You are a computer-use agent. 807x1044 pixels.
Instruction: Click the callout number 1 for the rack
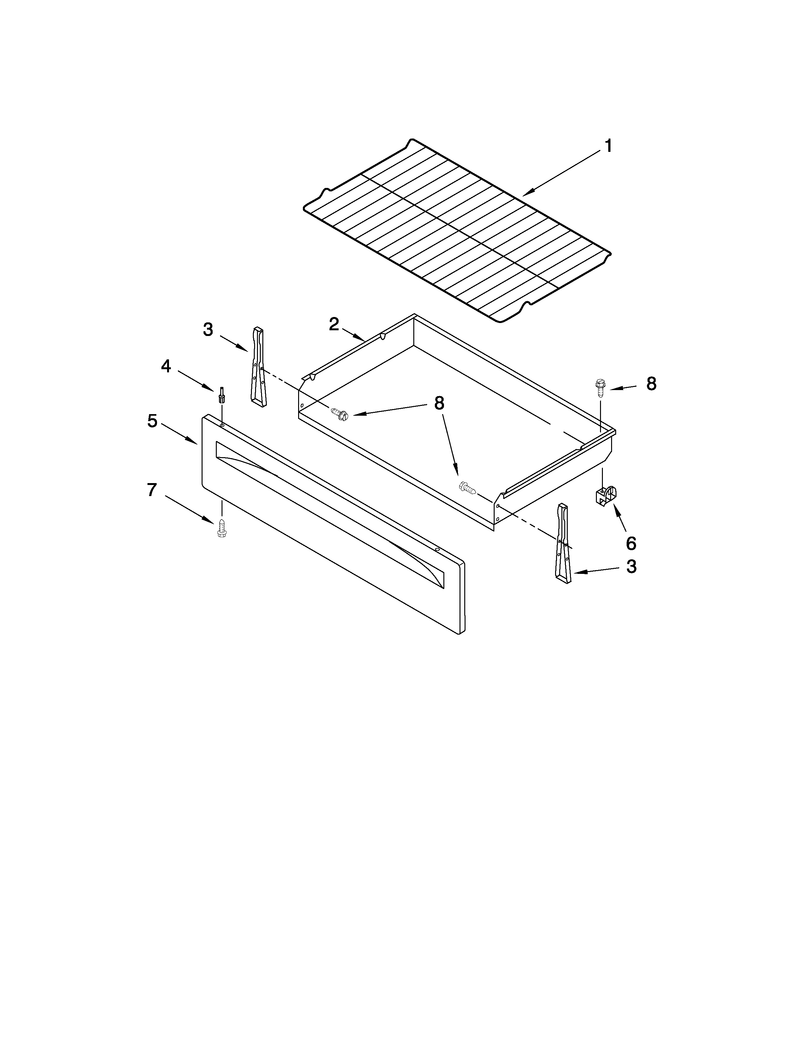608,146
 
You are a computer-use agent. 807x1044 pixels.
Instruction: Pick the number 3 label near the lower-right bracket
631,567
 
